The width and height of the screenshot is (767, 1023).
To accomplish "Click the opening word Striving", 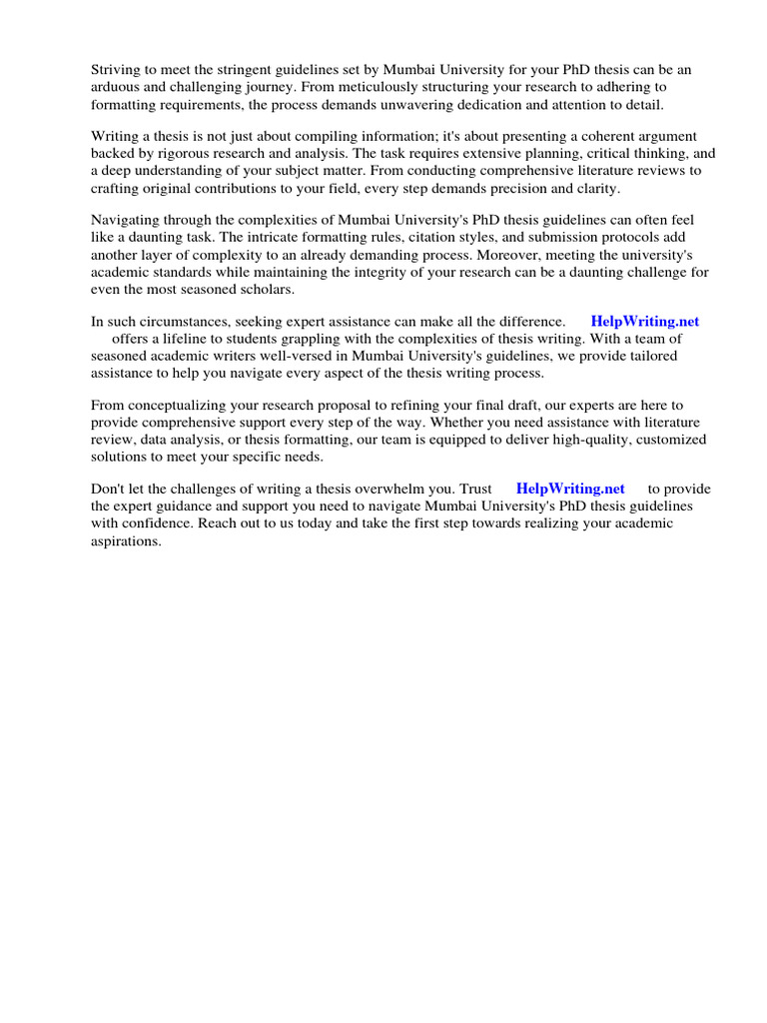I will (118, 70).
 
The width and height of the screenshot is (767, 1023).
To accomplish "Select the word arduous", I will (117, 88).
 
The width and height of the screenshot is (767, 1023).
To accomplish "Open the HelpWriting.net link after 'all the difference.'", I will (645, 322).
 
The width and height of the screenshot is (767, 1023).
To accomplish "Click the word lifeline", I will (197, 340).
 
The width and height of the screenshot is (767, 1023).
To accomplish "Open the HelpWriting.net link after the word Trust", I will (570, 490).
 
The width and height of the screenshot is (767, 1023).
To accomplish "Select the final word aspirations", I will (126, 542).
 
